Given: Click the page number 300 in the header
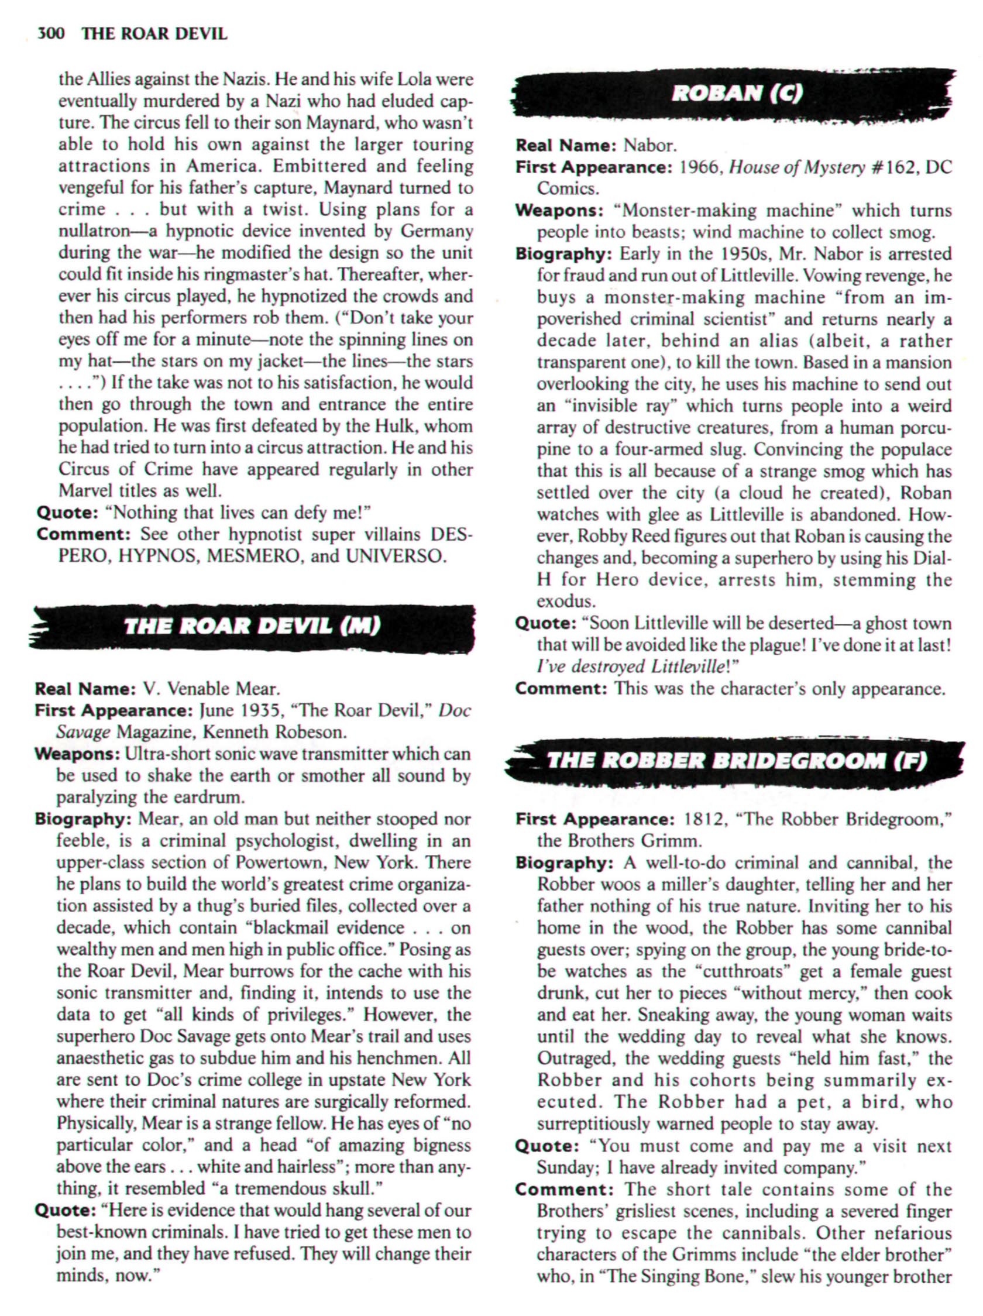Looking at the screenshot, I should coord(50,34).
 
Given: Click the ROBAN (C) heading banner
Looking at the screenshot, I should coord(737,94).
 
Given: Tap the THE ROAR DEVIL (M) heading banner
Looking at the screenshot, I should coord(252,626).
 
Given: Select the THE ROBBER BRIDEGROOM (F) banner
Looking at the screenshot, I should coord(737,760).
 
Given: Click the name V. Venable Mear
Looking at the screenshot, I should coord(211,689).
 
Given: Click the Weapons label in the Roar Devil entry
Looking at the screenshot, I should coord(78,754).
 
